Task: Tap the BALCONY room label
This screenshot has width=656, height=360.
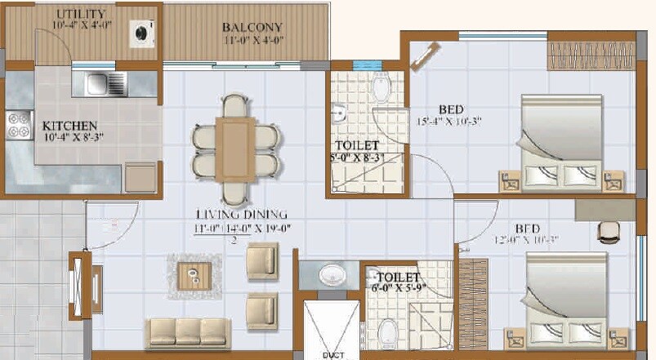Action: pyautogui.click(x=252, y=26)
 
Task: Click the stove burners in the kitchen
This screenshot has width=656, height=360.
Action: pyautogui.click(x=17, y=126)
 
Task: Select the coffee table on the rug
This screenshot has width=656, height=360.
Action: pyautogui.click(x=194, y=275)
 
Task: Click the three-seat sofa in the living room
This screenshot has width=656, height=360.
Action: pyautogui.click(x=187, y=331)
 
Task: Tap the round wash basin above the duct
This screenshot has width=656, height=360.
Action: pyautogui.click(x=331, y=275)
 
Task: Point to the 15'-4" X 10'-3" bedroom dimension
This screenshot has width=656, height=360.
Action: pyautogui.click(x=448, y=122)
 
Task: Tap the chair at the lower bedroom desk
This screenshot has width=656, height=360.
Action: pyautogui.click(x=608, y=231)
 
